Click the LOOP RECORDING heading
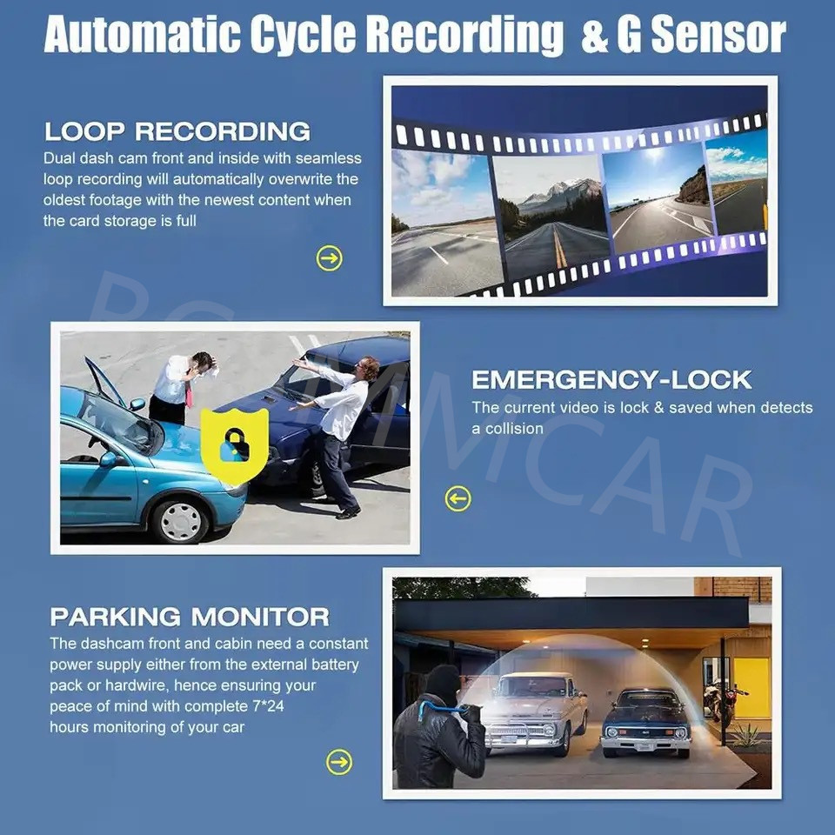177,131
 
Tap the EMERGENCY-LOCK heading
611,380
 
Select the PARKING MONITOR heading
190,617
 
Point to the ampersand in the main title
595,35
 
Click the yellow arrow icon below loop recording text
329,258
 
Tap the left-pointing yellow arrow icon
458,498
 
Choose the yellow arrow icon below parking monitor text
339,762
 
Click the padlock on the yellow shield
234,445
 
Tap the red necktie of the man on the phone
189,393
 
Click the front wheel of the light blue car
181,521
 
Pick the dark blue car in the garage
646,722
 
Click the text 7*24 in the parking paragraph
268,706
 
